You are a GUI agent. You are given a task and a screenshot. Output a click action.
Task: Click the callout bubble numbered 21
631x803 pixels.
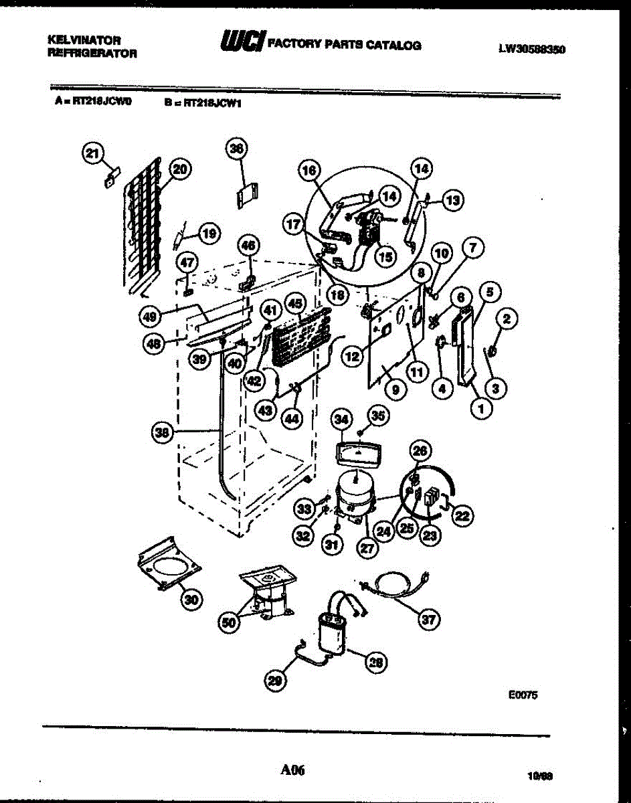92,153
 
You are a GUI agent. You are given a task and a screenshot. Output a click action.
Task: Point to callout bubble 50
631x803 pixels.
230,622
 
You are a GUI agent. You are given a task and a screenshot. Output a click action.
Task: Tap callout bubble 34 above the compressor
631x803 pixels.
342,419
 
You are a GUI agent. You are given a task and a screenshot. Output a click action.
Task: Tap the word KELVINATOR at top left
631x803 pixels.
84,41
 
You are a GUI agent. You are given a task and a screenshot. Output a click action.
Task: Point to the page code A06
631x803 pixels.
294,770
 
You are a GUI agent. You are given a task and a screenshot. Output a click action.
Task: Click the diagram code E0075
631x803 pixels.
523,695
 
